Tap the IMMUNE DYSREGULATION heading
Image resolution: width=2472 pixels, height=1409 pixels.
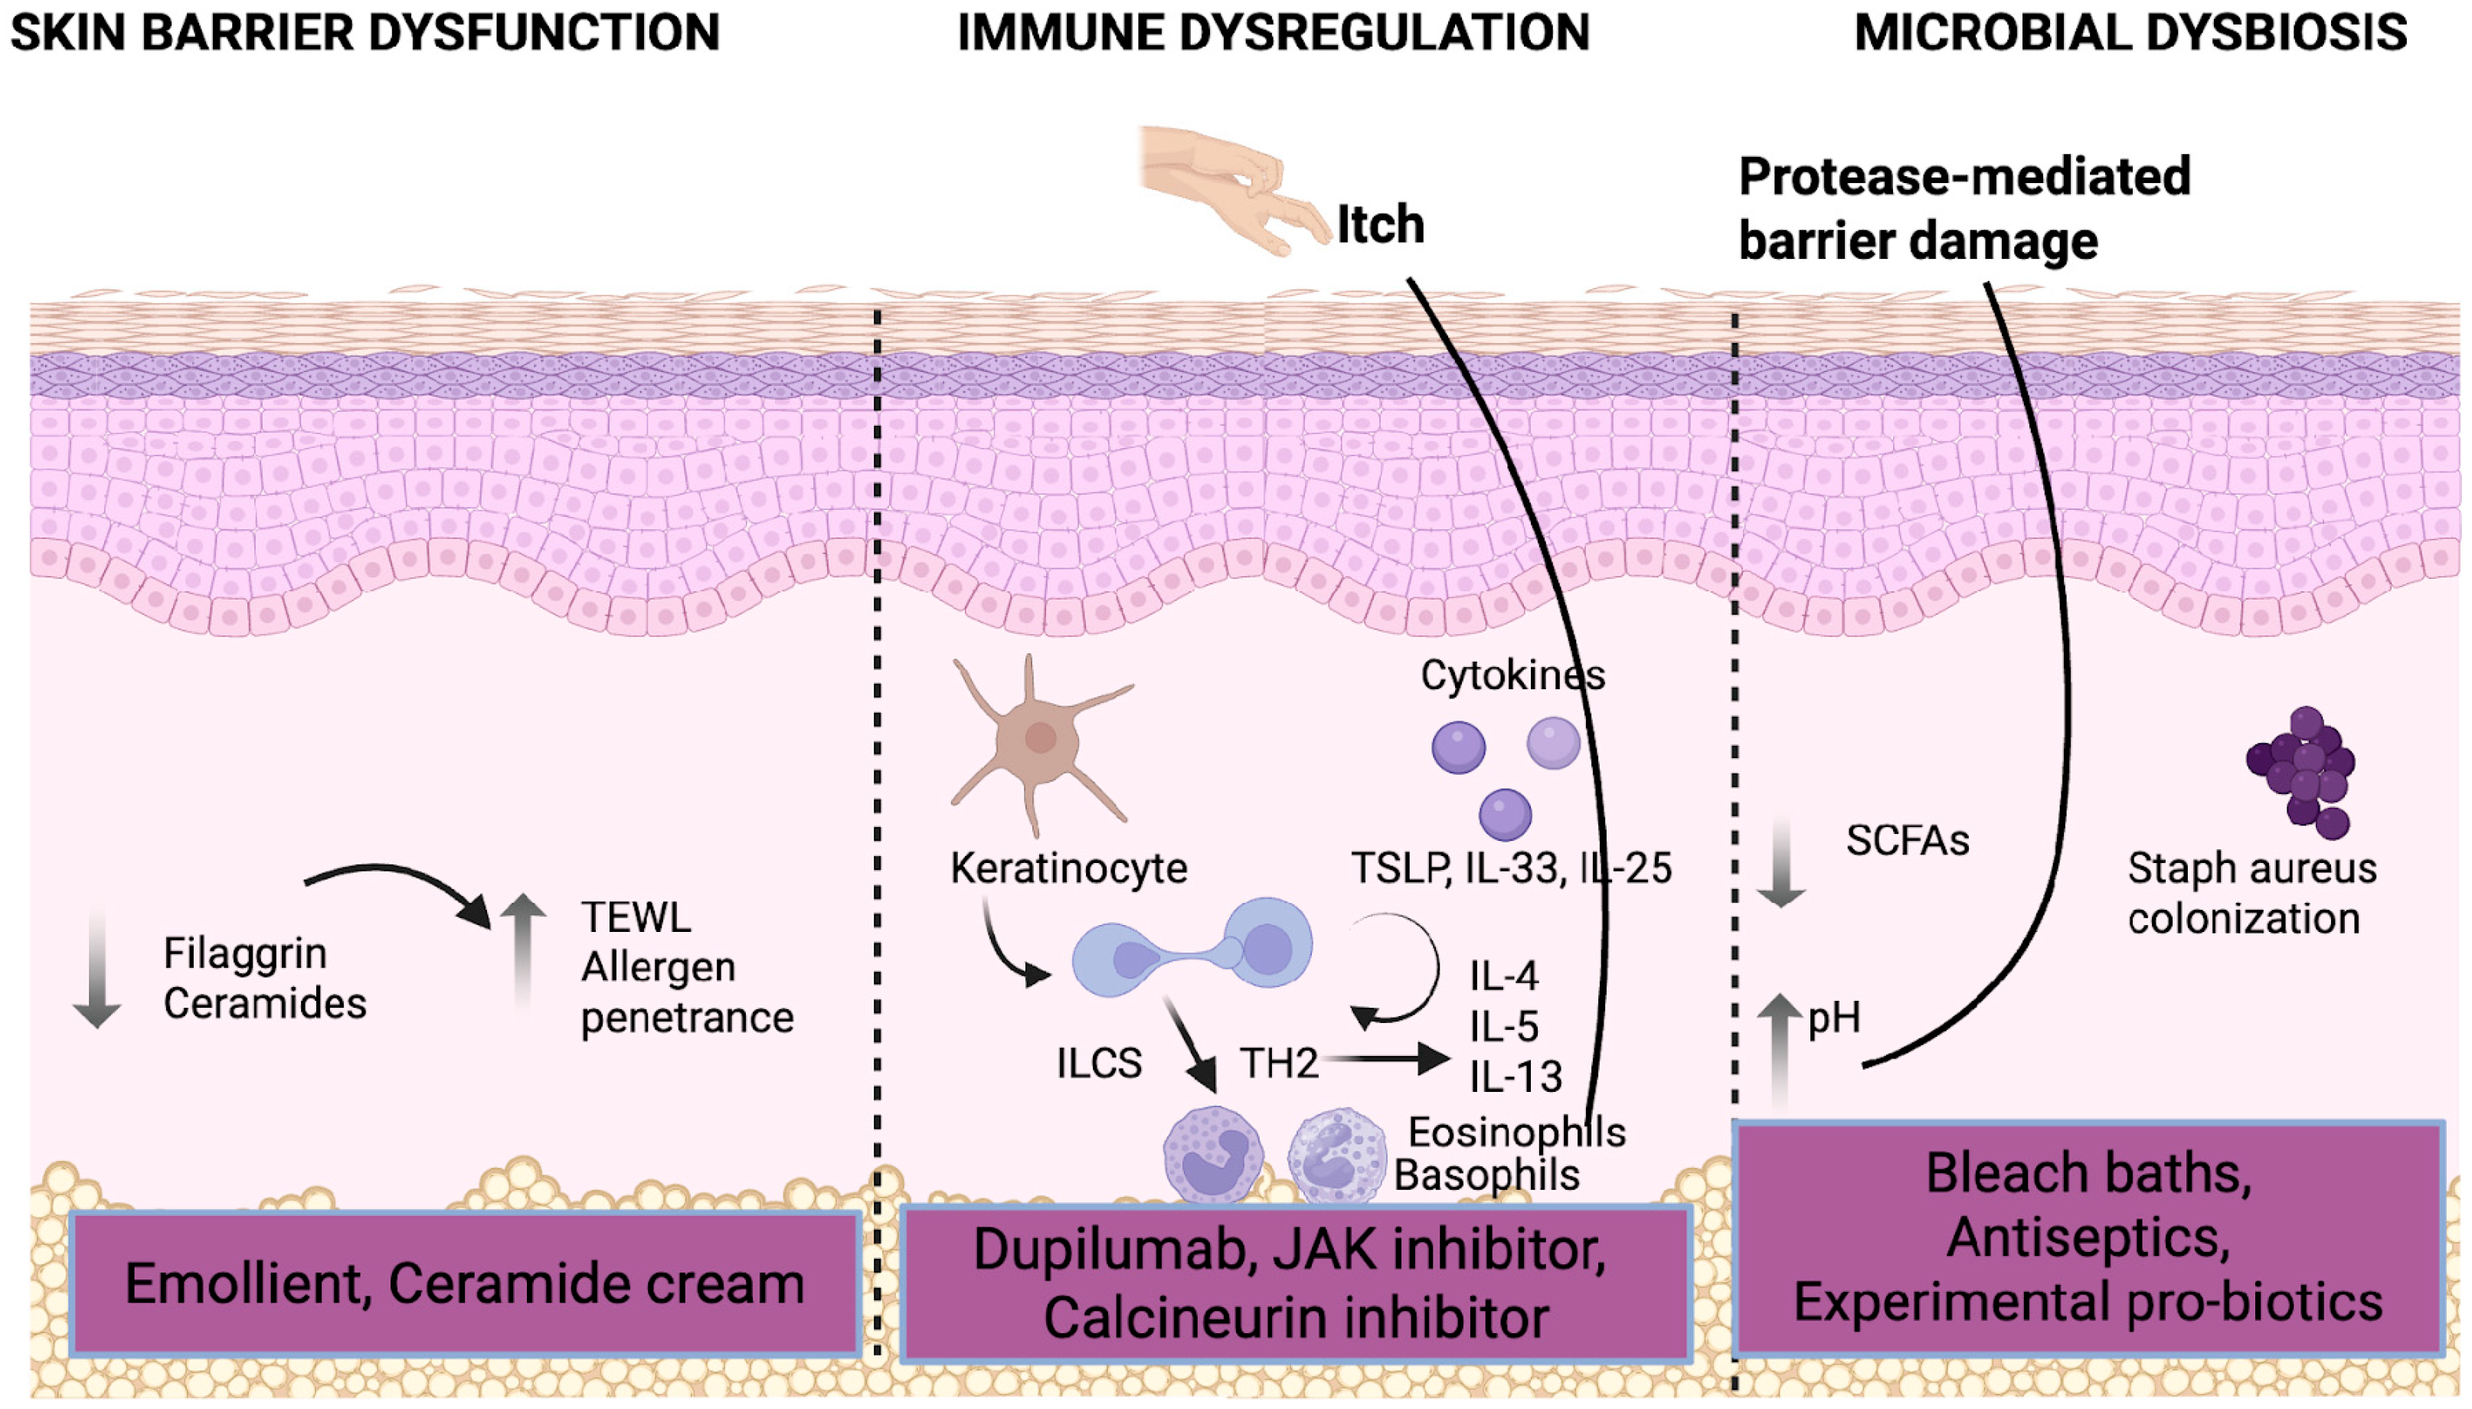[1274, 32]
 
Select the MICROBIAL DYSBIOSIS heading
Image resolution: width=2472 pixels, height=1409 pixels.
[2130, 32]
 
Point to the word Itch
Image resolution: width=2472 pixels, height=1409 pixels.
[1381, 224]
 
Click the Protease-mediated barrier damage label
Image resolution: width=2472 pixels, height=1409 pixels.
[1964, 208]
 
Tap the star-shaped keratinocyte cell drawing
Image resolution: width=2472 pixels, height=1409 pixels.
[1040, 740]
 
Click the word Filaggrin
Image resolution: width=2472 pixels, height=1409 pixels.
[245, 954]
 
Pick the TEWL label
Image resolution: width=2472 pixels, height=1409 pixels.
[636, 917]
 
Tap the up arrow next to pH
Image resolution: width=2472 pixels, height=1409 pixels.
[1779, 1050]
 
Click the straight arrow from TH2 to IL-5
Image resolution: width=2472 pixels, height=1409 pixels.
[1388, 1059]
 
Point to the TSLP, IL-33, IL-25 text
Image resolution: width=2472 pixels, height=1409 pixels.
[1510, 868]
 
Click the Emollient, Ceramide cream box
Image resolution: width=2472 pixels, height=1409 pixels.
[464, 1283]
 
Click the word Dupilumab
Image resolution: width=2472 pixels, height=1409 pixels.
[1109, 1249]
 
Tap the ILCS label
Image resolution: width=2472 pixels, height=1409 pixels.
[1098, 1064]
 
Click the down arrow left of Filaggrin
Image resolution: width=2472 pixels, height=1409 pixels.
[96, 968]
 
